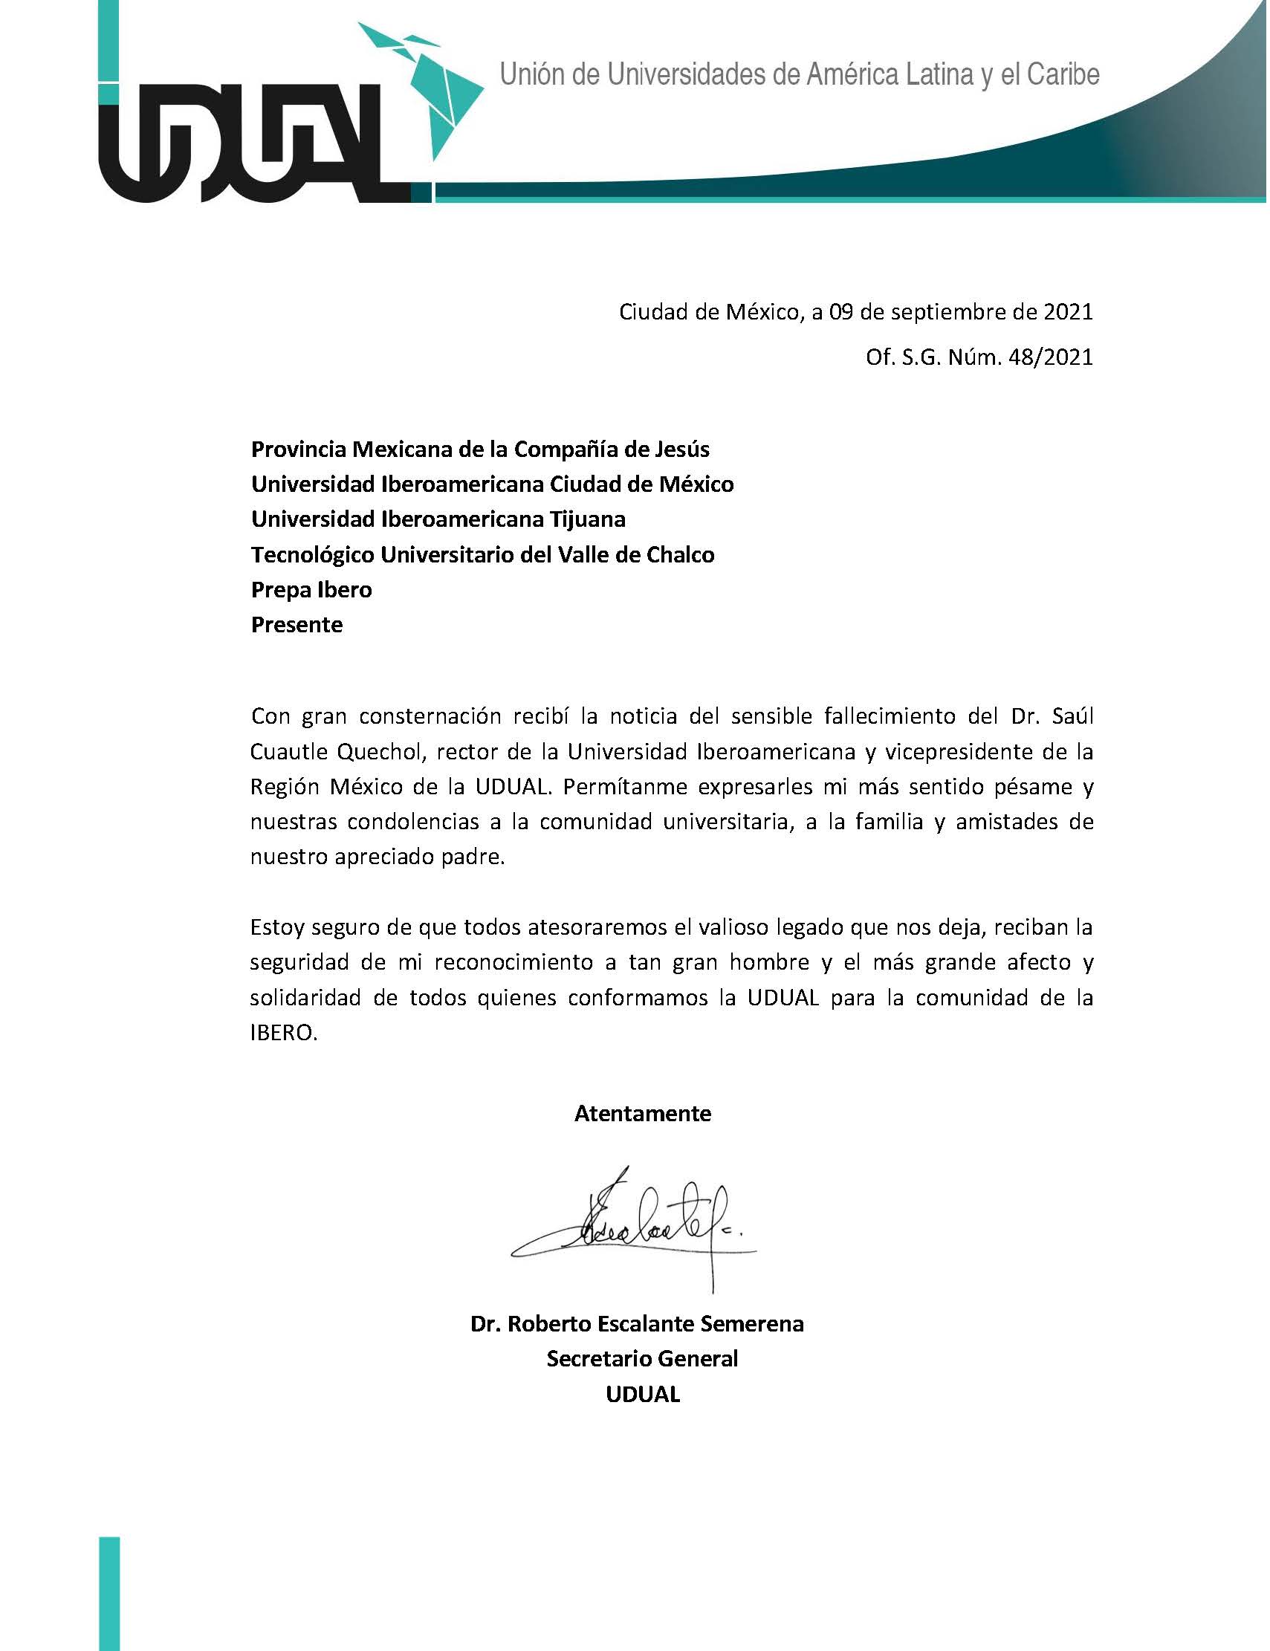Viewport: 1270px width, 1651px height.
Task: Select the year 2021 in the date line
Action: (x=1066, y=312)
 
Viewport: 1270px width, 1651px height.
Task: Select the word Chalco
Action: (x=680, y=555)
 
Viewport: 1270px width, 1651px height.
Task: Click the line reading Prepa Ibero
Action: (x=311, y=590)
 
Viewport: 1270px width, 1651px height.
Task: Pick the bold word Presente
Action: (x=297, y=624)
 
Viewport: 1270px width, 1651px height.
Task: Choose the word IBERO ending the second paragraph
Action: (x=282, y=1034)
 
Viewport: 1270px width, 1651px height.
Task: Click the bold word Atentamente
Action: (x=643, y=1114)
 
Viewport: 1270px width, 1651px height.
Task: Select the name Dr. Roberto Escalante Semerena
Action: (x=637, y=1323)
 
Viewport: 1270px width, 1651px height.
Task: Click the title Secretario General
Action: (x=642, y=1358)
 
